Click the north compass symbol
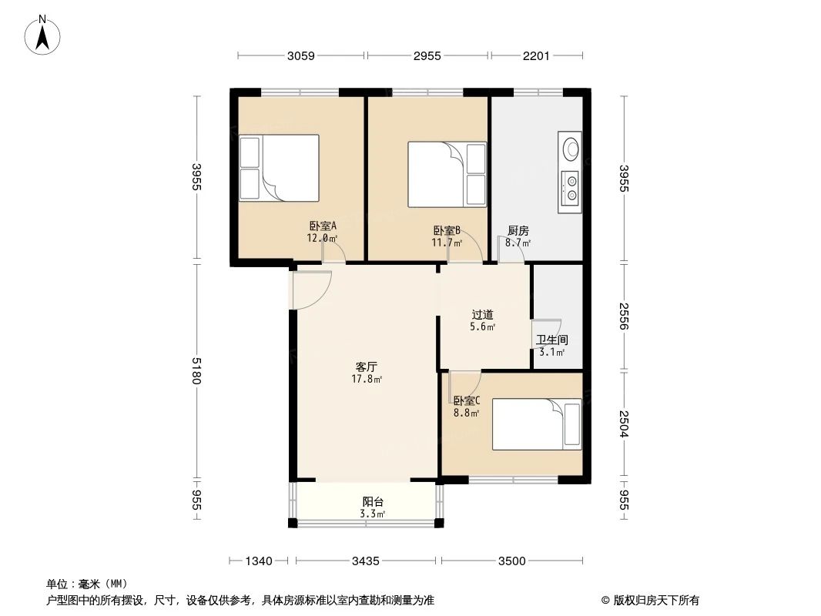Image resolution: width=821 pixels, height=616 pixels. [45, 35]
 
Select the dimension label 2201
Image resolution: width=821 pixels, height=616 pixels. [536, 55]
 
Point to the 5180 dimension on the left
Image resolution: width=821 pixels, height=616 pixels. [197, 371]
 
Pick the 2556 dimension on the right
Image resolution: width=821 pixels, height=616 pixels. [625, 316]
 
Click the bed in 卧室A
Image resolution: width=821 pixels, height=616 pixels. [278, 168]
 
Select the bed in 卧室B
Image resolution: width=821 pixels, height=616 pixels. [447, 174]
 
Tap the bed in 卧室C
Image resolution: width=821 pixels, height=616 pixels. [536, 423]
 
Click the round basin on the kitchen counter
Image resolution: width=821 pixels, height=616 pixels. [570, 148]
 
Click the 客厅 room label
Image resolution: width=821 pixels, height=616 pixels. [367, 367]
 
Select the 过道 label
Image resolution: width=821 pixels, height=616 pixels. [482, 314]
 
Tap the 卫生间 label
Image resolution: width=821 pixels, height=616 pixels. [551, 340]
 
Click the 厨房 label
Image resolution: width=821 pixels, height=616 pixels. [518, 230]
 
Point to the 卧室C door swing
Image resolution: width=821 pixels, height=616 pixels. [463, 383]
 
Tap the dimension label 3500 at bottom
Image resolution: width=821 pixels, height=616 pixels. [511, 561]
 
